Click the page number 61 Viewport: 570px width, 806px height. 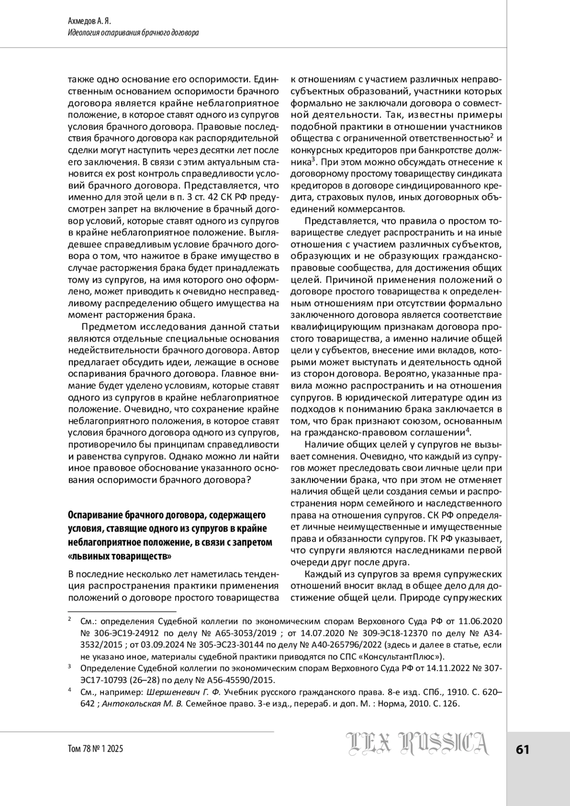(522, 749)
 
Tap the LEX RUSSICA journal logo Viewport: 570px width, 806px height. (417, 744)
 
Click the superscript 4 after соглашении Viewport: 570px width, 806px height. (467, 430)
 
